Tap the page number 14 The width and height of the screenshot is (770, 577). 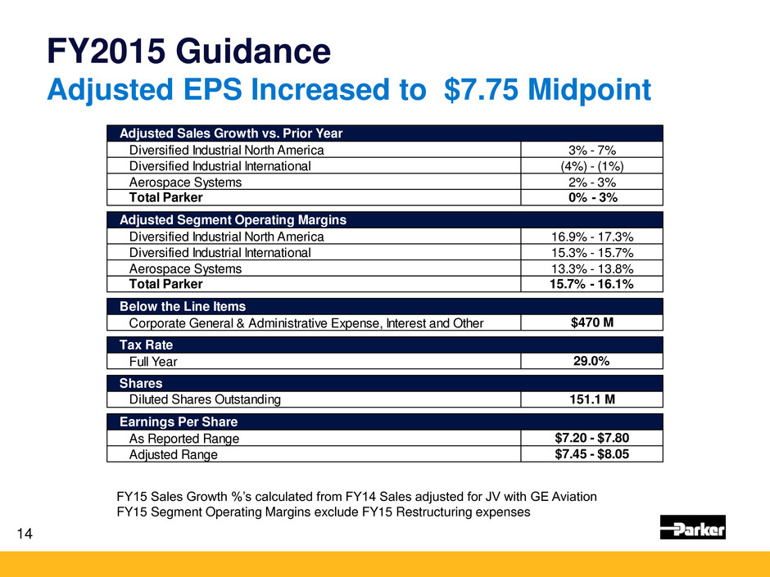25,534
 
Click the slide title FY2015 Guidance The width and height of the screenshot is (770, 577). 188,53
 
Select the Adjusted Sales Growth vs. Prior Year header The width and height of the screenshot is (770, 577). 231,133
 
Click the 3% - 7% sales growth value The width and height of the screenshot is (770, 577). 591,150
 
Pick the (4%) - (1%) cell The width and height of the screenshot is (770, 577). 591,165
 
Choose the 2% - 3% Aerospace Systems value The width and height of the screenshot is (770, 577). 591,182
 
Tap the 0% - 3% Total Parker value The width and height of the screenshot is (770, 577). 591,197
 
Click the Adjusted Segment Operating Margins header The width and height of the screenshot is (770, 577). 233,220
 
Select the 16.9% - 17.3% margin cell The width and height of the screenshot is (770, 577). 591,237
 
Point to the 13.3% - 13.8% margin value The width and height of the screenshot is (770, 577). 591,268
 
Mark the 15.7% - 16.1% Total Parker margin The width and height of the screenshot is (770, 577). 591,284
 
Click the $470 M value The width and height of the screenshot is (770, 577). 591,322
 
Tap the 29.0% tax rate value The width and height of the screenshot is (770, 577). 591,361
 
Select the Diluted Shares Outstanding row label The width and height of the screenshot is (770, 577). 205,399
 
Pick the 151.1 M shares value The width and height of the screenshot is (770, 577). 591,399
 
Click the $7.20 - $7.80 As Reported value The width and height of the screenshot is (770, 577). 591,438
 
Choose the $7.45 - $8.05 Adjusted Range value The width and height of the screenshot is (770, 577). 591,454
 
